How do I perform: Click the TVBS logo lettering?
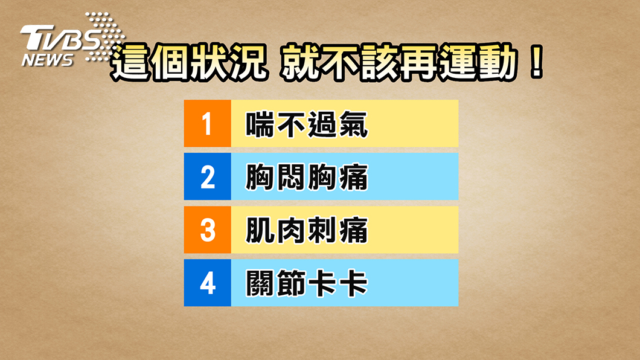[x=60, y=38]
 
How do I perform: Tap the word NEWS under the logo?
[x=47, y=60]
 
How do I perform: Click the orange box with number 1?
[x=207, y=123]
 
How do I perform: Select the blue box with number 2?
[x=207, y=176]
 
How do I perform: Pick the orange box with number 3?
[x=207, y=230]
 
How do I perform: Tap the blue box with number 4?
[x=207, y=283]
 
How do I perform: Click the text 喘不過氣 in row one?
[x=307, y=124]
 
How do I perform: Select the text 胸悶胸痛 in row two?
[x=307, y=177]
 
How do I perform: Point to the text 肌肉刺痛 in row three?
[x=307, y=230]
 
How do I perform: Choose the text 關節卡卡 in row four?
[x=307, y=283]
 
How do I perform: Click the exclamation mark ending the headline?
[x=536, y=62]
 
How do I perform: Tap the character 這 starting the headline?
[x=130, y=62]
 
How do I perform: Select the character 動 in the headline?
[x=498, y=62]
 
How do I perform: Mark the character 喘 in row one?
[x=260, y=124]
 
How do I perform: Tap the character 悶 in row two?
[x=291, y=177]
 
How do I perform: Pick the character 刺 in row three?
[x=322, y=230]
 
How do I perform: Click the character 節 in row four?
[x=291, y=283]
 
